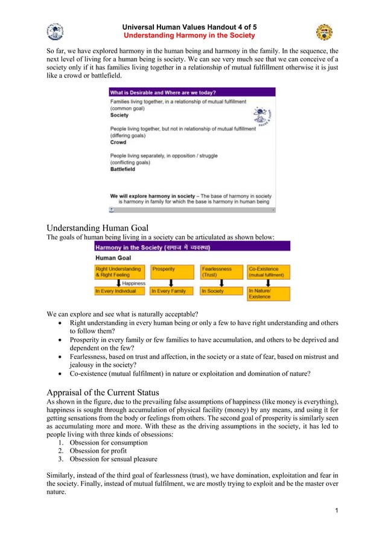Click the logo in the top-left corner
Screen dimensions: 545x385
[x=55, y=31]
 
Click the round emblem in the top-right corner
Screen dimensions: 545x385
[x=324, y=32]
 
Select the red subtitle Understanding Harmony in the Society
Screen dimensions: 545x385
[x=189, y=36]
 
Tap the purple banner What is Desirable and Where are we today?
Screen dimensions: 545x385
[x=191, y=92]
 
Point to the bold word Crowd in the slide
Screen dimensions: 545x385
[x=118, y=143]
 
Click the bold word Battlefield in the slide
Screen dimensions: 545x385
[x=122, y=169]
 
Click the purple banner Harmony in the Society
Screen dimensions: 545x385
[x=191, y=248]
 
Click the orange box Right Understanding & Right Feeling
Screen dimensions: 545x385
[x=119, y=271]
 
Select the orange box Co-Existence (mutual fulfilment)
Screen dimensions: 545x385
[x=268, y=271]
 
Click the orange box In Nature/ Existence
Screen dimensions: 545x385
[x=268, y=294]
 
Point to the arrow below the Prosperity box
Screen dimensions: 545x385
[x=171, y=282]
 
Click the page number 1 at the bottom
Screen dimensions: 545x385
[x=335, y=512]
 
